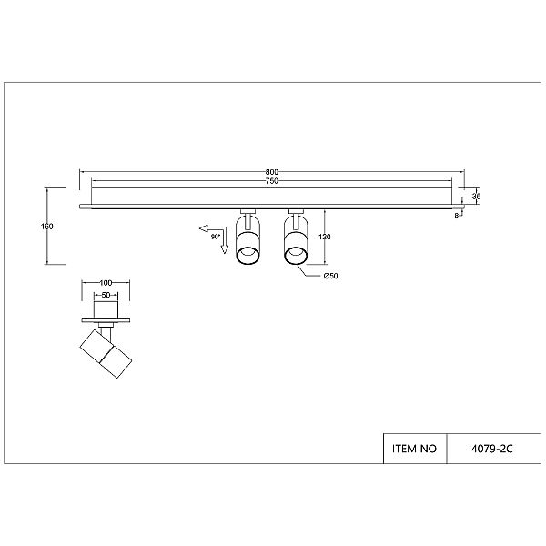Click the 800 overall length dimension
pyautogui.click(x=272, y=172)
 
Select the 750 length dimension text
pyautogui.click(x=272, y=181)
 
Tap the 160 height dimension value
pyautogui.click(x=47, y=227)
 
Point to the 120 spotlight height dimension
pyautogui.click(x=325, y=237)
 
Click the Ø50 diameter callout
pyautogui.click(x=331, y=276)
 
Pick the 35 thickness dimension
pyautogui.click(x=476, y=197)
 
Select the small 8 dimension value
pyautogui.click(x=457, y=216)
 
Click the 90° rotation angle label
pyautogui.click(x=216, y=238)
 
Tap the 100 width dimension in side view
pyautogui.click(x=106, y=283)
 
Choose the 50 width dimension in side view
pyautogui.click(x=106, y=295)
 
